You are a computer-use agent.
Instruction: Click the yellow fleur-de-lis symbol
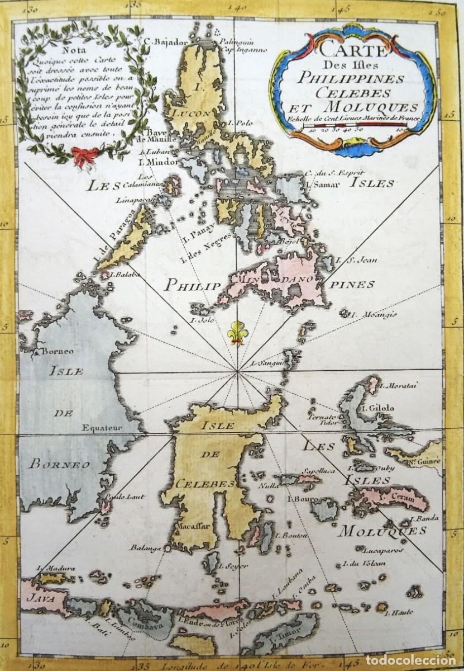pos(237,332)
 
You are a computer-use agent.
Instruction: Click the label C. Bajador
pos(163,40)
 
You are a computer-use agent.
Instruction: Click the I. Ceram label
pos(389,495)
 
